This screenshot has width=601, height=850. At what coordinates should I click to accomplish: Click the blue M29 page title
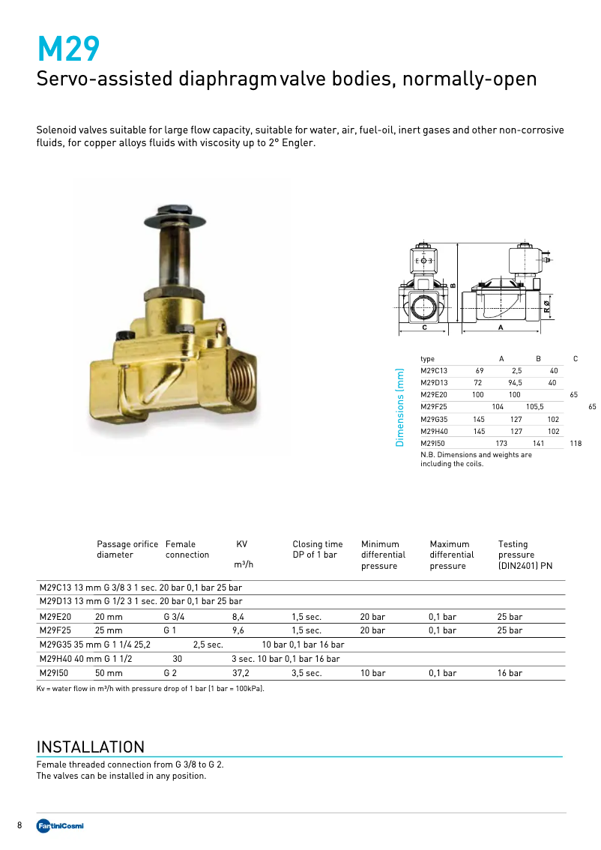pos(68,49)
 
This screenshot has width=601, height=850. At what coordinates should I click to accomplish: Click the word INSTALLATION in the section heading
pos(90,747)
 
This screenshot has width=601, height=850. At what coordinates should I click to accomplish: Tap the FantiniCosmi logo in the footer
pos(61,825)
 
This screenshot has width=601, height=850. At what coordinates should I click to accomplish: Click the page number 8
pos(19,825)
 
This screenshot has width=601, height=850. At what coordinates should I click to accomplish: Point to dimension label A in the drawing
pos(500,328)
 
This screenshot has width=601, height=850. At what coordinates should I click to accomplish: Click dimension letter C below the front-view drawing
pos(424,328)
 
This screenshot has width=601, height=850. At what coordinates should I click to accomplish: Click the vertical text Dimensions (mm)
pos(399,407)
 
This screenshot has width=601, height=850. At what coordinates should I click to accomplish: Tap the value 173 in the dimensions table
pos(501,444)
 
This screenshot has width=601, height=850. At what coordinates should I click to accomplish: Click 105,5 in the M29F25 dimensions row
pos(534,407)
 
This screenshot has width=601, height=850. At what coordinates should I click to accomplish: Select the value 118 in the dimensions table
pos(576,444)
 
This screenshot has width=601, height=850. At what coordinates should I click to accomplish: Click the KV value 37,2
pos(241,673)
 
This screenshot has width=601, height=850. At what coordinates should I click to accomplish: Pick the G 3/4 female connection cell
pos(174,617)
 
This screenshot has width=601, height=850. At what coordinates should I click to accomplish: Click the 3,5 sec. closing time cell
pos(307,673)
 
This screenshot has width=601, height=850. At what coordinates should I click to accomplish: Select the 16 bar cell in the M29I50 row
pos(510,673)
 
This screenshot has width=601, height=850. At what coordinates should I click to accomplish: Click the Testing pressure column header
pos(525,555)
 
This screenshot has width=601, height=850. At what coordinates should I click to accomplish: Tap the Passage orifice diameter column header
pos(127,549)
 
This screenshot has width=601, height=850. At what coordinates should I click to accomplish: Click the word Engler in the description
pos(296,142)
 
